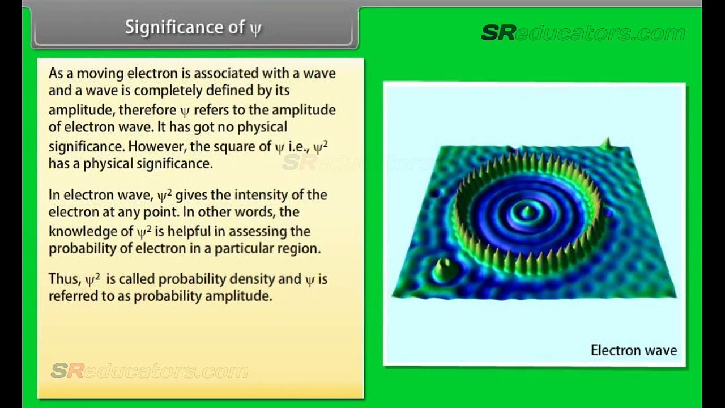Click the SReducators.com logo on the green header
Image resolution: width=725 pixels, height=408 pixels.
point(583,33)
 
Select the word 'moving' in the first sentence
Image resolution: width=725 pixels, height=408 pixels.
point(100,74)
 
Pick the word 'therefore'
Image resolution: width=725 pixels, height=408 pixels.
point(147,110)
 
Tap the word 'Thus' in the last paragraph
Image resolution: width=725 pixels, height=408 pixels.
point(65,279)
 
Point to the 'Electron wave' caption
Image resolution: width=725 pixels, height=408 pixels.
point(634,350)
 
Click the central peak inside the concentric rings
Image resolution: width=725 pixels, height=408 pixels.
point(528,211)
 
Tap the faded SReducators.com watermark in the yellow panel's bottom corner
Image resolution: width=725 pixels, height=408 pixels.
point(150,371)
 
